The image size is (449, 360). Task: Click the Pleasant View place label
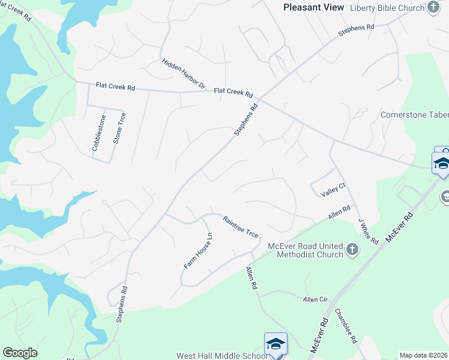coord(314,7)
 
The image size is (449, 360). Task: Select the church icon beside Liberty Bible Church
coord(433,7)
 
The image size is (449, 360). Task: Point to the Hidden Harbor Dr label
coord(184,74)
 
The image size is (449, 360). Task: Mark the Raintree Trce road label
coord(241,227)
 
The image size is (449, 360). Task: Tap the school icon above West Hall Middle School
coord(276,344)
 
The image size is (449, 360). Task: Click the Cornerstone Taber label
coord(414,115)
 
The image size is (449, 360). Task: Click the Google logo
coord(20,353)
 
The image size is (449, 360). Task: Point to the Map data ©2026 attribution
coord(423,355)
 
